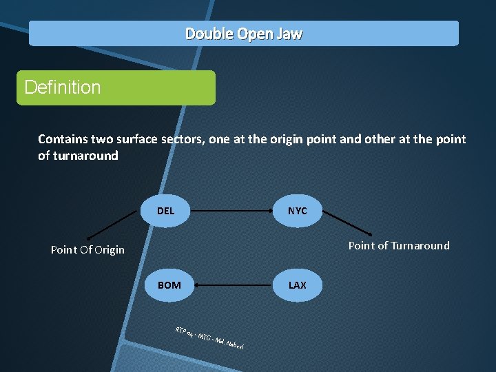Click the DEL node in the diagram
(x=165, y=211)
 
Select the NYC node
(x=297, y=211)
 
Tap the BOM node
(x=169, y=285)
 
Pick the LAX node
(x=297, y=285)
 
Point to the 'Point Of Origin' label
(x=87, y=249)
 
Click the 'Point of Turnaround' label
(x=398, y=245)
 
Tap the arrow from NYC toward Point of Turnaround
(x=348, y=223)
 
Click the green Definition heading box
(x=116, y=87)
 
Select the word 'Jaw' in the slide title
(x=289, y=34)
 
